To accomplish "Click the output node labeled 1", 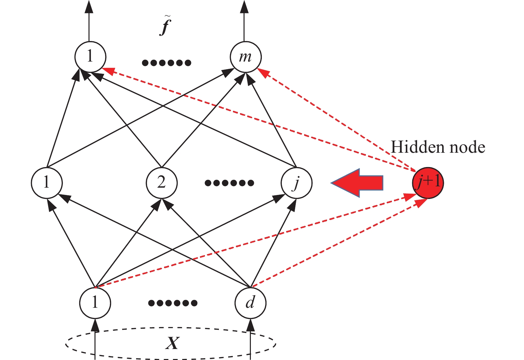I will click(90, 57).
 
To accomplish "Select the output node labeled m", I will click(246, 57).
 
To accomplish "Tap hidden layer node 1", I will click(47, 183).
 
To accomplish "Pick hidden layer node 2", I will click(162, 183).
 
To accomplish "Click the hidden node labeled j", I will click(296, 183).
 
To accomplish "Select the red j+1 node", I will click(428, 183).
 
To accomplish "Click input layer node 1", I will click(95, 302).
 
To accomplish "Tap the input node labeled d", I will click(250, 302).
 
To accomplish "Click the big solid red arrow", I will click(358, 183).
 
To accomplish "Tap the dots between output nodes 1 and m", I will click(166, 63).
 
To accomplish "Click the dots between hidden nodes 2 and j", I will click(229, 183).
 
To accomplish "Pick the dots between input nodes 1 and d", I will click(173, 303).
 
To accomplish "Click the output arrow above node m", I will click(245, 20).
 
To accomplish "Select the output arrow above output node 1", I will click(89, 20).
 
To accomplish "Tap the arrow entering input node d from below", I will click(251, 336).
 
